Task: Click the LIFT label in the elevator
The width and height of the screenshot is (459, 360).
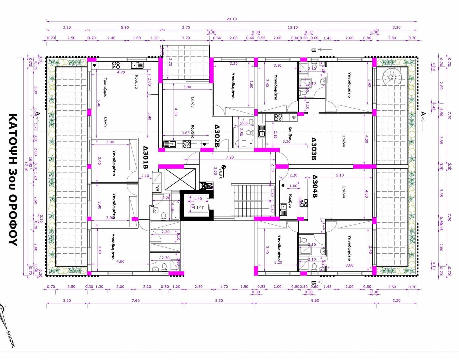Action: pyautogui.click(x=198, y=208)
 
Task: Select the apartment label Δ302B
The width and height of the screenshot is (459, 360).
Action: pyautogui.click(x=217, y=136)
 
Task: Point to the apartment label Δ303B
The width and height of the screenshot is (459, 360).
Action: pyautogui.click(x=314, y=149)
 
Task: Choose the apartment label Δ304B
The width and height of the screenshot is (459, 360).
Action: pyautogui.click(x=314, y=187)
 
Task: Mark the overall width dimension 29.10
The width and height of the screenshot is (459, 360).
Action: pyautogui.click(x=232, y=19)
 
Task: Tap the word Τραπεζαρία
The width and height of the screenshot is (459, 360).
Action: pyautogui.click(x=105, y=88)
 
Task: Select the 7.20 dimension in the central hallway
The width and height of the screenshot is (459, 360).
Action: pyautogui.click(x=230, y=157)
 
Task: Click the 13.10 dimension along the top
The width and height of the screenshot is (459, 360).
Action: pyautogui.click(x=293, y=27)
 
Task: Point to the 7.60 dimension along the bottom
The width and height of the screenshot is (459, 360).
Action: pyautogui.click(x=136, y=300)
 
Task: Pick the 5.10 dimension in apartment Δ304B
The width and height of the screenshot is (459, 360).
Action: pyautogui.click(x=340, y=175)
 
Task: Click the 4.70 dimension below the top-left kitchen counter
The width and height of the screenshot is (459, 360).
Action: pyautogui.click(x=121, y=72)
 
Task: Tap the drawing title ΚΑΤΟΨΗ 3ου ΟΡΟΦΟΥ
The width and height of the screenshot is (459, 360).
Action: pyautogui.click(x=13, y=180)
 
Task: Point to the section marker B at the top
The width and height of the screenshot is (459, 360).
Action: pyautogui.click(x=313, y=50)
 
